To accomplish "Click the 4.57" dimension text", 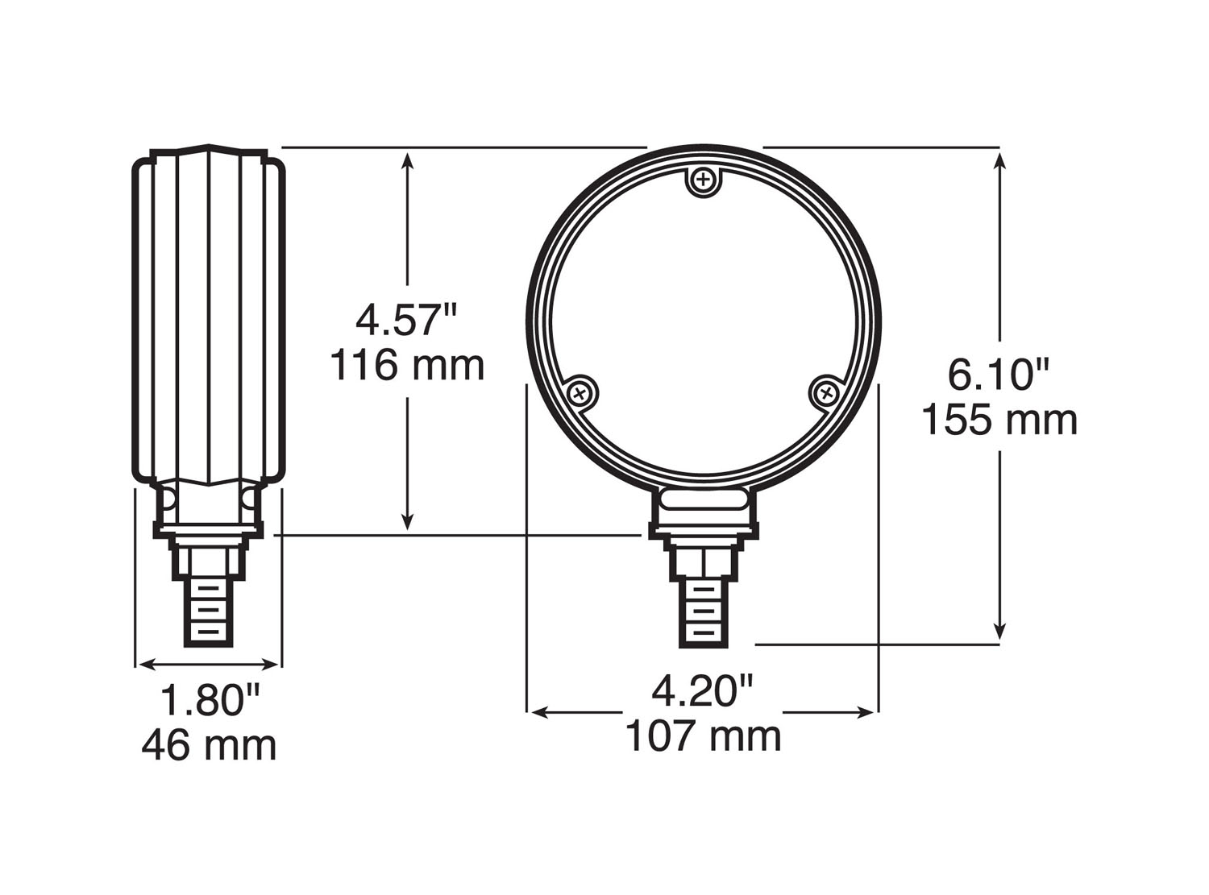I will tap(406, 321).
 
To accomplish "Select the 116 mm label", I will tap(407, 366).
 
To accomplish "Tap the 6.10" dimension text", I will tap(999, 375).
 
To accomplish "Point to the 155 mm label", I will tap(999, 420).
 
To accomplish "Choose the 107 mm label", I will tap(703, 736).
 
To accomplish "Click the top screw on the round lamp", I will tap(704, 179).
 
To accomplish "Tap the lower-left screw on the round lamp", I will tap(581, 393).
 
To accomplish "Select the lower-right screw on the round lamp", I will tap(825, 392).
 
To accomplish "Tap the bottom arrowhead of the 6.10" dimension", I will tap(1000, 632).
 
